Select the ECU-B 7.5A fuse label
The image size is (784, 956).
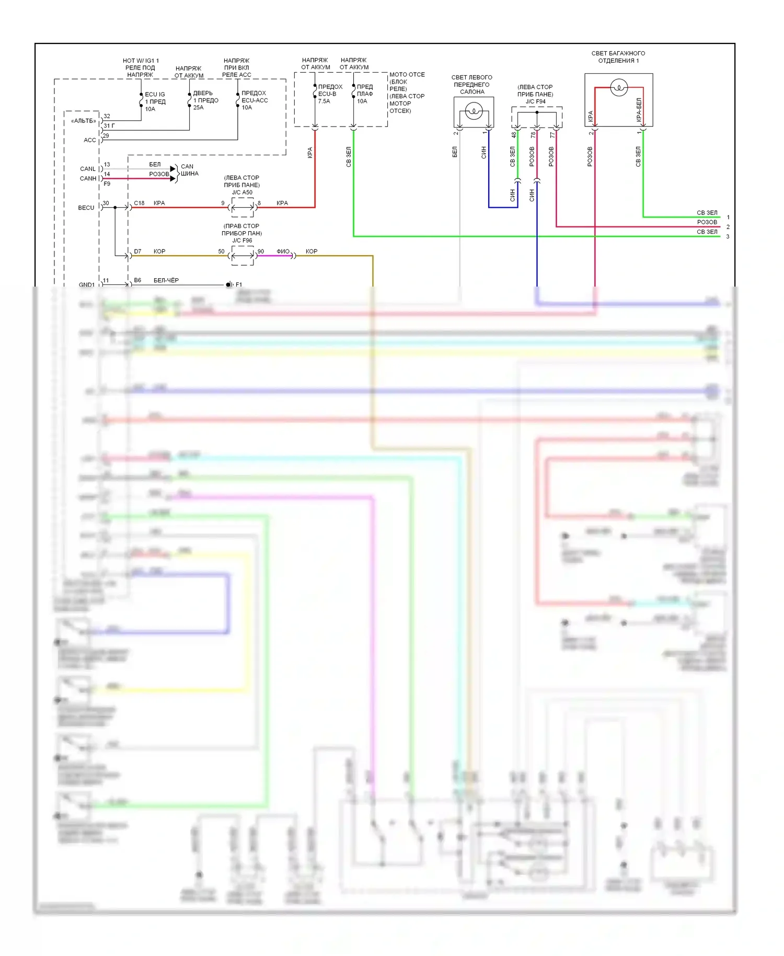click(x=329, y=94)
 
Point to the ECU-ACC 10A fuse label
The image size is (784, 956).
click(x=254, y=100)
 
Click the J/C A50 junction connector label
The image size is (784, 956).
click(x=242, y=192)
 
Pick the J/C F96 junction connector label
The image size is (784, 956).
click(x=242, y=241)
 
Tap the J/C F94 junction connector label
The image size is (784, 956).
click(x=535, y=101)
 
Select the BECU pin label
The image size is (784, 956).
click(x=86, y=208)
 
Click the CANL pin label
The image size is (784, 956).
click(x=88, y=169)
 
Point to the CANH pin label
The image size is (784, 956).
click(x=88, y=178)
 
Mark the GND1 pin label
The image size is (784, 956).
click(x=87, y=285)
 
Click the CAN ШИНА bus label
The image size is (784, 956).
click(x=189, y=170)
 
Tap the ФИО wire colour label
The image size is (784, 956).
click(x=283, y=252)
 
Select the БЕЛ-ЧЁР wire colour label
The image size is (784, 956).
click(x=166, y=280)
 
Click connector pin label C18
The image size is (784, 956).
click(x=139, y=203)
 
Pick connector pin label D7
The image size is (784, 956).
click(x=137, y=252)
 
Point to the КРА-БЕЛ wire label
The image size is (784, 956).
click(x=639, y=110)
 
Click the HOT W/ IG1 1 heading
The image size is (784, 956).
click(x=141, y=61)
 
